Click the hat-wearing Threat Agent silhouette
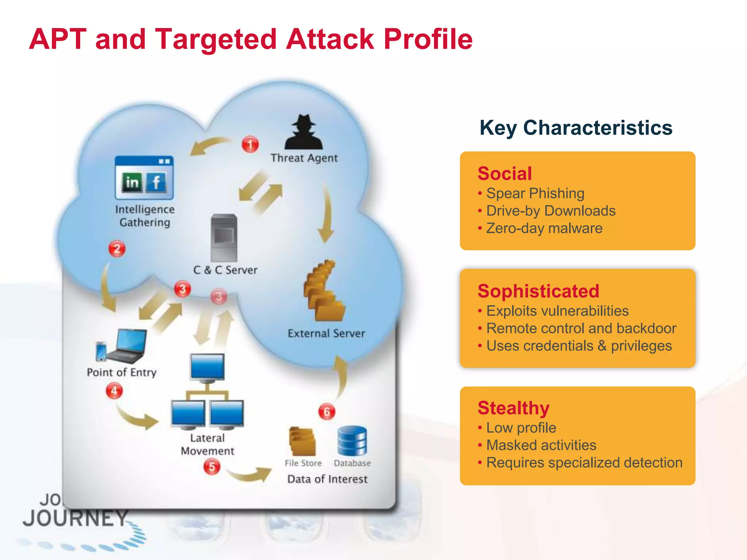tap(303, 133)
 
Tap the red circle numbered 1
tap(250, 144)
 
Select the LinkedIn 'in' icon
tap(132, 182)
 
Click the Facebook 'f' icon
tap(156, 182)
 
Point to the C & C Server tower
tap(224, 238)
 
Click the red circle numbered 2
tap(117, 249)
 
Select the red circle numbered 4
tap(114, 391)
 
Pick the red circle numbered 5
tap(212, 467)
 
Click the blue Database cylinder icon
tap(352, 441)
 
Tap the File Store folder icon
tap(302, 442)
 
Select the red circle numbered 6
tap(326, 412)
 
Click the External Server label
tap(326, 333)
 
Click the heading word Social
tap(504, 174)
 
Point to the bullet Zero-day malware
tap(544, 228)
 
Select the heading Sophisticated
tap(538, 291)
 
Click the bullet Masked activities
tap(541, 445)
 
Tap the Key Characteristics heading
tap(576, 128)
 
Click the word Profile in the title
tap(428, 39)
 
